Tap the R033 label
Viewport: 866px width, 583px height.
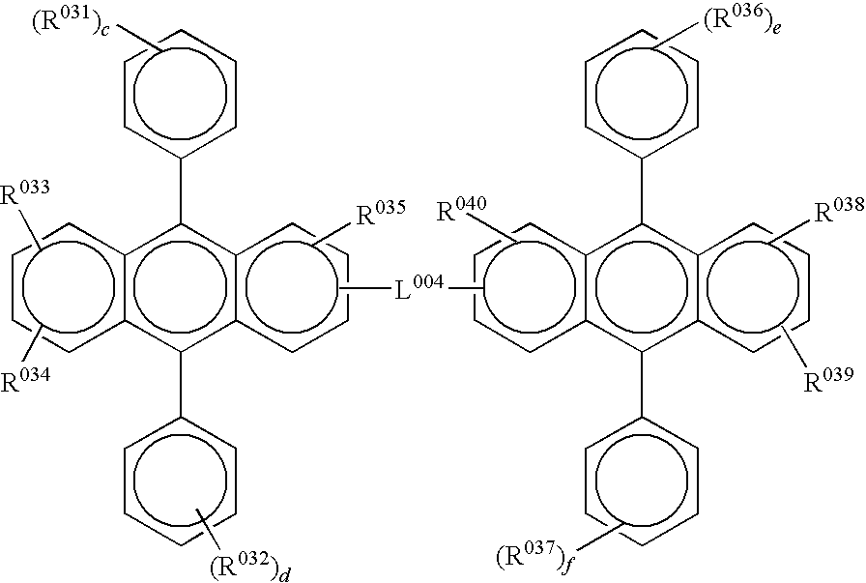[25, 194]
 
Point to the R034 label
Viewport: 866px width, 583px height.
[25, 380]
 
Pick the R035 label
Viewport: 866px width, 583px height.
[381, 213]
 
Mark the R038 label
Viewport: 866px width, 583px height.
[840, 210]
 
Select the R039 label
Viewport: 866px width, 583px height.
[827, 381]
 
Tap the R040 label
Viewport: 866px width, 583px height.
[462, 209]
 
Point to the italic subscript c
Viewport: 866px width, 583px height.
[103, 29]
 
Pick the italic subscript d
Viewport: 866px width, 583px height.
[284, 573]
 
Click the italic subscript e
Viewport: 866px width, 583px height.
[776, 28]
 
